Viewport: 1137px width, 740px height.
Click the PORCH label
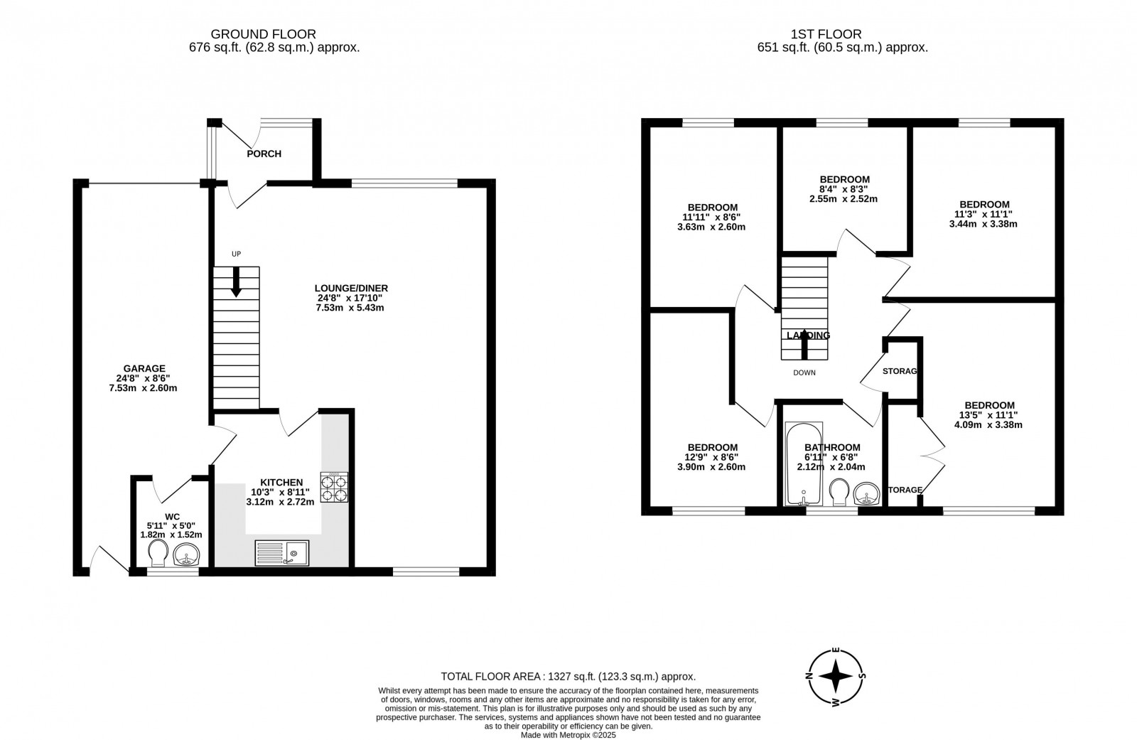click(x=264, y=154)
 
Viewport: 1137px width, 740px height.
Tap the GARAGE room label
click(x=144, y=368)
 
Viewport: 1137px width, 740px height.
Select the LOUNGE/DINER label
click(x=351, y=288)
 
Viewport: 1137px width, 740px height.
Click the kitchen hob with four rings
click(x=334, y=488)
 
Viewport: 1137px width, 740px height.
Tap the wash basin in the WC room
click(x=187, y=554)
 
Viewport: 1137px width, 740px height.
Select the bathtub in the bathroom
click(x=803, y=463)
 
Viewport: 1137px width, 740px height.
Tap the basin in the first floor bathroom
click(x=866, y=493)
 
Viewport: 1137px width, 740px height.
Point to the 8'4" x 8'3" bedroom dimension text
click(x=844, y=189)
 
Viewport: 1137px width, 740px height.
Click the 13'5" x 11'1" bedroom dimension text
click(x=988, y=415)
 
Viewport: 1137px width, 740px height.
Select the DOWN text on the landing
click(x=804, y=372)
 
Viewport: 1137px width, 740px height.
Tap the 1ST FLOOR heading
click(x=826, y=34)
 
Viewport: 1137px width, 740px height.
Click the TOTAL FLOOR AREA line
click(x=568, y=677)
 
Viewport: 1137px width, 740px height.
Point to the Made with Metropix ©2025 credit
click(x=568, y=735)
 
